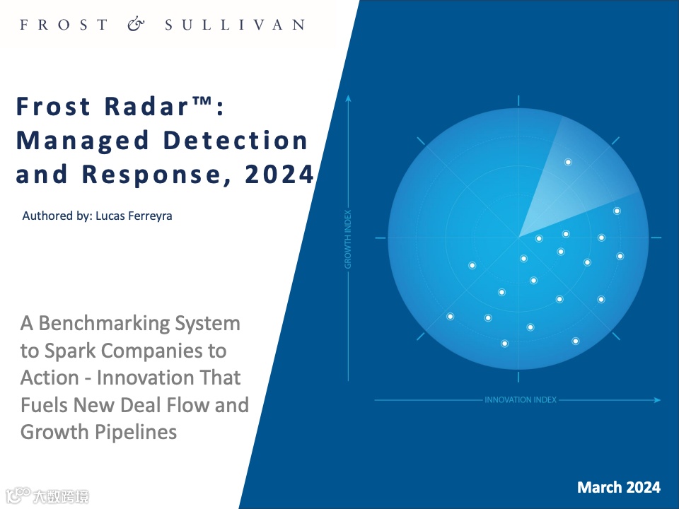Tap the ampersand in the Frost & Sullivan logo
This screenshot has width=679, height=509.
136,24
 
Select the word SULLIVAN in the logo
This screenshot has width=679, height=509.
235,25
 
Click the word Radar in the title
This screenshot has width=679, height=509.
146,106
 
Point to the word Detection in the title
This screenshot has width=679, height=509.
235,140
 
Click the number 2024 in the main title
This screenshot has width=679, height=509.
279,174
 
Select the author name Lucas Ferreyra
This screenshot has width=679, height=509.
134,216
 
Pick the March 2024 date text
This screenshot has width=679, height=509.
619,487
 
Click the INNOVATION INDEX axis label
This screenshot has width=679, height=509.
520,400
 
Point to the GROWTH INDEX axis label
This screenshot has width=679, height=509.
348,240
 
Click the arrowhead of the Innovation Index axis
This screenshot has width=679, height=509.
657,400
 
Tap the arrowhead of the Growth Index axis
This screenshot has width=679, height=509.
348,99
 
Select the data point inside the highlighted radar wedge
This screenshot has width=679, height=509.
568,163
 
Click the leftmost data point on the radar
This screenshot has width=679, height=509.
451,317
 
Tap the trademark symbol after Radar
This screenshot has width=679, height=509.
201,101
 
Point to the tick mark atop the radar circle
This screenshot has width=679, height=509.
518,101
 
